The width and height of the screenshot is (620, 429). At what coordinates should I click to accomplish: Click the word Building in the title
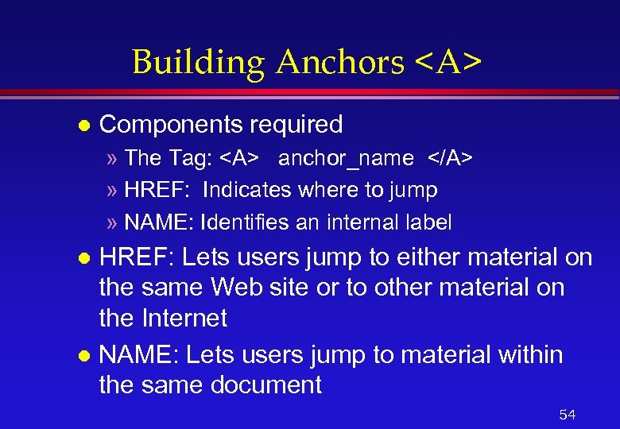tap(199, 62)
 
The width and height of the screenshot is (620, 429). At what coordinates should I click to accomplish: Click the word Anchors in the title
tap(339, 62)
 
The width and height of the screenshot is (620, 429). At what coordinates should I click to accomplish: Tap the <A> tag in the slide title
tap(448, 62)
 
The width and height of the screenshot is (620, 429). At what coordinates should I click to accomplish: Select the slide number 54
tap(568, 415)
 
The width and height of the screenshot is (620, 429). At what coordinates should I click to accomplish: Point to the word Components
tap(171, 125)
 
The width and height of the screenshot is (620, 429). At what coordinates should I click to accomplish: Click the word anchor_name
tap(346, 159)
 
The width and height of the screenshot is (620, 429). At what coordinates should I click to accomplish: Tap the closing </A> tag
tap(451, 158)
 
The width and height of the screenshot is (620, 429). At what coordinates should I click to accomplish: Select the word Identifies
tap(246, 222)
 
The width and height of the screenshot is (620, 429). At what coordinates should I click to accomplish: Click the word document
tap(265, 385)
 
